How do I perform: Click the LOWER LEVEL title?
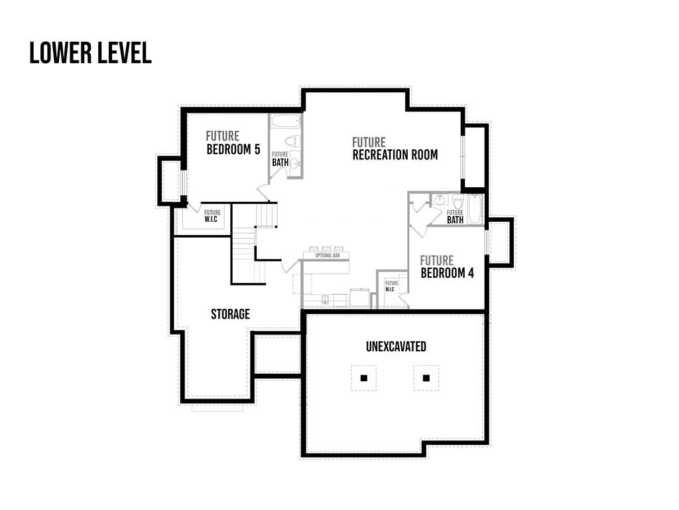point(90,53)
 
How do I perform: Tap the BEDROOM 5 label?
point(233,149)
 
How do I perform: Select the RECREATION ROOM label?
point(395,155)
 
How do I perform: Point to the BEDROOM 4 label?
point(448,273)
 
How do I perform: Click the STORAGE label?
point(230,314)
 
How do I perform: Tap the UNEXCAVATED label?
point(397,347)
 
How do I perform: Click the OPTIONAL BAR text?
point(328,256)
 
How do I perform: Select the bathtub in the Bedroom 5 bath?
point(285,121)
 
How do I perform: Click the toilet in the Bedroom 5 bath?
point(293,141)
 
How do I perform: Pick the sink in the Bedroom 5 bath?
point(295,163)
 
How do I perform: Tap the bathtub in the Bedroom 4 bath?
point(475,209)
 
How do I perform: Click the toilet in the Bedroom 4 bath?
point(458,201)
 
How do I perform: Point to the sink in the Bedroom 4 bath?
point(440,200)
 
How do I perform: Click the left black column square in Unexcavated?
point(364,378)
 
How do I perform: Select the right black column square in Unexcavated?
point(426,378)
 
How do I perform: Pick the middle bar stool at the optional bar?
point(326,248)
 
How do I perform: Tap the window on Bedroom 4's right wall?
point(486,242)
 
